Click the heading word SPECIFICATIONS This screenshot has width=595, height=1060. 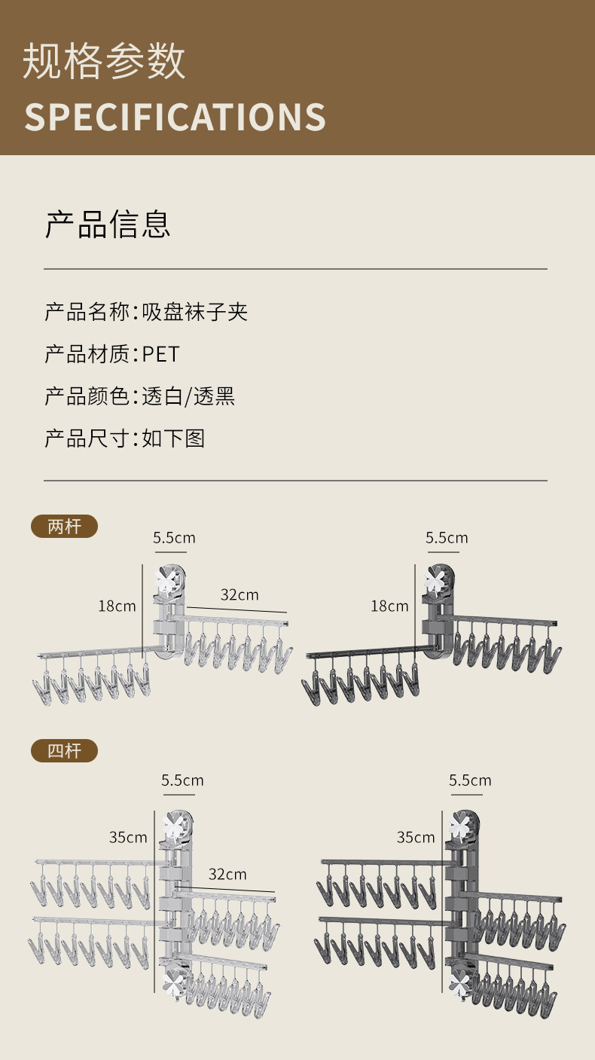(175, 117)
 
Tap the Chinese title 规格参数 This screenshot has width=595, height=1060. (104, 62)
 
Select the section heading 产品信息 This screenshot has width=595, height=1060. (108, 224)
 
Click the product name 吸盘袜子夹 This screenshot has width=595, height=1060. (195, 311)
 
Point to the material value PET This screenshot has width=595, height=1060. (161, 353)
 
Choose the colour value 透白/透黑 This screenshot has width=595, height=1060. (189, 396)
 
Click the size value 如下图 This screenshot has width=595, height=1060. (174, 438)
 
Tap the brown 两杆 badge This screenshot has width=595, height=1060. (64, 526)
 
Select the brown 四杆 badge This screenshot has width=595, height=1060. (64, 750)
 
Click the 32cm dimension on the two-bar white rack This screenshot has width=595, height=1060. (240, 594)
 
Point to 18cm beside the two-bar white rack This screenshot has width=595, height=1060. (117, 606)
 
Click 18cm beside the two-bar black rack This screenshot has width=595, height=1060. (389, 606)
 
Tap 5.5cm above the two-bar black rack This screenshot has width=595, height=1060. (447, 538)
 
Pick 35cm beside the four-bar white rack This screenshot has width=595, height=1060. (128, 837)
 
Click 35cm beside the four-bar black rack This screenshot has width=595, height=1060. (416, 837)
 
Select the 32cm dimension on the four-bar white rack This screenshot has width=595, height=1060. (227, 874)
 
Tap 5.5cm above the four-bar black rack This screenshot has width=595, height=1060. (470, 780)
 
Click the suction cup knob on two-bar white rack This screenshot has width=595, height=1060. (169, 581)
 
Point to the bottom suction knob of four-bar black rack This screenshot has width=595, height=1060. (459, 982)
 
